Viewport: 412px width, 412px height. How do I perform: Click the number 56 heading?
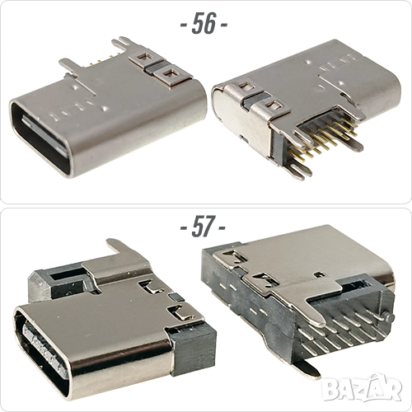204,23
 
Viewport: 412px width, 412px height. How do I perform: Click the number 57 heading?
203,227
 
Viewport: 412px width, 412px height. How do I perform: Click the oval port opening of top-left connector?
40,138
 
